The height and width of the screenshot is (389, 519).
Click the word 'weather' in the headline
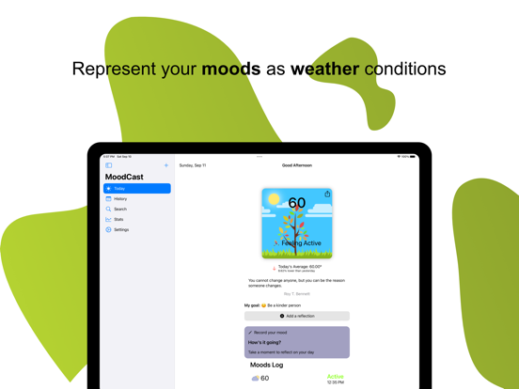[324, 69]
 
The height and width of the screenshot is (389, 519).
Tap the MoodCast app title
[124, 177]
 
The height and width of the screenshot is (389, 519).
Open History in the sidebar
[120, 199]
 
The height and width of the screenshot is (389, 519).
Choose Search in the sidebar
[120, 210]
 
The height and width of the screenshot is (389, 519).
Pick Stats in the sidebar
[118, 219]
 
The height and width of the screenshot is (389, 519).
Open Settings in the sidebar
[121, 229]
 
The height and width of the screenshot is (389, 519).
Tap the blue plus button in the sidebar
[166, 165]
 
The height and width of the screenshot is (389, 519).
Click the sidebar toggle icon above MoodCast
[109, 165]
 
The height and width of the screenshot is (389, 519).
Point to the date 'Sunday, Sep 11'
[193, 165]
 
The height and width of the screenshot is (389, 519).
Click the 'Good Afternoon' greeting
[297, 165]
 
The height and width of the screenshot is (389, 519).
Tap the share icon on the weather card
[327, 194]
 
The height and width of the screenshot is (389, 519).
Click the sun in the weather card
[274, 199]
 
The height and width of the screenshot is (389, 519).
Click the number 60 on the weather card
[297, 203]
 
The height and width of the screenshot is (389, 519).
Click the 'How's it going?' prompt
[266, 342]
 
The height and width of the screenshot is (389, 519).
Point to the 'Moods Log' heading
[266, 366]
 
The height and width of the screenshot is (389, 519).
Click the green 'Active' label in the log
[335, 377]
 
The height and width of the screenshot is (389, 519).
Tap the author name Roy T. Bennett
[296, 294]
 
